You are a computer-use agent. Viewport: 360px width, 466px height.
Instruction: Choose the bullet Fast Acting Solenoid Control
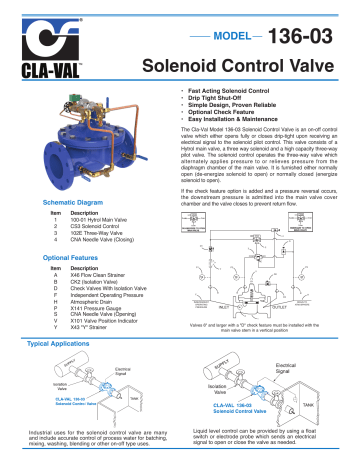click(216, 94)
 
